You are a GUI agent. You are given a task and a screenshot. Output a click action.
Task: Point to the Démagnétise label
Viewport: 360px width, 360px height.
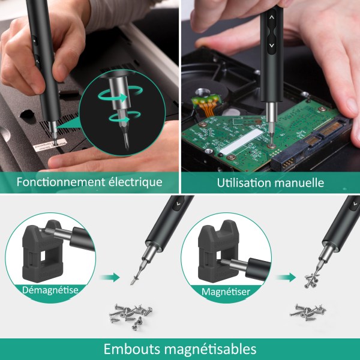tap(50, 290)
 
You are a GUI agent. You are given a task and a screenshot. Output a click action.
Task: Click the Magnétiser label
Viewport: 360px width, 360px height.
tap(226, 292)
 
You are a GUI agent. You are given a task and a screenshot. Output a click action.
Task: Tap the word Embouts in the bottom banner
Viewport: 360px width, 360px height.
tap(132, 349)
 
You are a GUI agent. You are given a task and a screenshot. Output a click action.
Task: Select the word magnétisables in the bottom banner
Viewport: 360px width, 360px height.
tap(211, 349)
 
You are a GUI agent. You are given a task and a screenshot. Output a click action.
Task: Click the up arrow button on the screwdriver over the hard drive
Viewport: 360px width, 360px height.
tap(272, 17)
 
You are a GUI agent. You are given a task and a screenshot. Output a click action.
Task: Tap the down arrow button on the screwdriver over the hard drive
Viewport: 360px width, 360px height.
tap(272, 46)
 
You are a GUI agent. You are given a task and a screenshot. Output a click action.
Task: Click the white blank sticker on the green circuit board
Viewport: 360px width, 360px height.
tap(241, 141)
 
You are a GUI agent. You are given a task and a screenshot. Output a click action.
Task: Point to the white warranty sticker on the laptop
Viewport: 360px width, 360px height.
tap(49, 145)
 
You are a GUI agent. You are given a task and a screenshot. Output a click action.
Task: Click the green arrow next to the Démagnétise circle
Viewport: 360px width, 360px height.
tap(110, 277)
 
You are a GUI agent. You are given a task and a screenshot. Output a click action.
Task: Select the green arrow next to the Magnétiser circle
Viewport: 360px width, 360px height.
tap(286, 277)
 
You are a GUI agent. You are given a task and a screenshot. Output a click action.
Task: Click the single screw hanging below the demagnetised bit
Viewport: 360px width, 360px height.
tap(136, 278)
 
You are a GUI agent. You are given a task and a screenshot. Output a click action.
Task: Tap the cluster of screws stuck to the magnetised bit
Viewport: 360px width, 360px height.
tap(311, 281)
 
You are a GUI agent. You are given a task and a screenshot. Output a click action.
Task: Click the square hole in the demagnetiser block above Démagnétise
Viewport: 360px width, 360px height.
tap(43, 256)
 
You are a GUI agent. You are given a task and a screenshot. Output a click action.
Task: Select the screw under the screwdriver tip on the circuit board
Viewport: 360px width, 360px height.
tap(272, 146)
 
